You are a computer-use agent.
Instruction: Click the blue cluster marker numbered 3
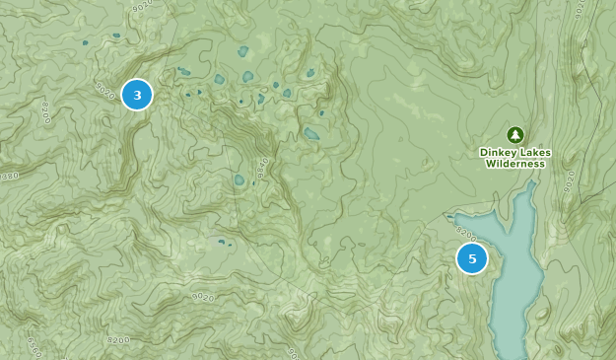(x=137, y=95)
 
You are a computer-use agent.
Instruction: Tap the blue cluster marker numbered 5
(x=472, y=258)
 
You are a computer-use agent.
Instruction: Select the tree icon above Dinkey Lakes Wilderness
(x=513, y=134)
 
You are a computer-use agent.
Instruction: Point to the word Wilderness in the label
(x=514, y=164)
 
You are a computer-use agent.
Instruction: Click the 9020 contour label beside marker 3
(x=106, y=89)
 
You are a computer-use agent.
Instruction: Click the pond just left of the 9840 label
(x=238, y=180)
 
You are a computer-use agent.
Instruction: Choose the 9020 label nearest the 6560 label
(x=203, y=295)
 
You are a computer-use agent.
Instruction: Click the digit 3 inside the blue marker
(x=137, y=95)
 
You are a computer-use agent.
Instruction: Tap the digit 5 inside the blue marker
(x=472, y=258)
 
